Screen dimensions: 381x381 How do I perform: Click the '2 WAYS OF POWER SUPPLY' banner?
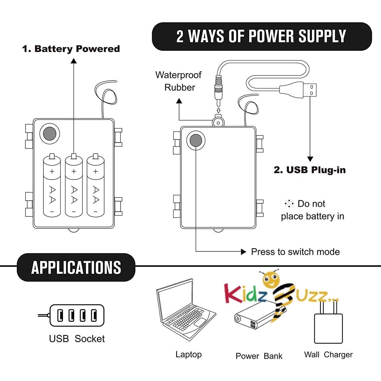[262, 36]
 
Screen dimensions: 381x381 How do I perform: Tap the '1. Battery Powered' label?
[71, 49]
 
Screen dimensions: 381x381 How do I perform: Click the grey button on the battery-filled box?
[50, 134]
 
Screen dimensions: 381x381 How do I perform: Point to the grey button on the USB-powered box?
[196, 140]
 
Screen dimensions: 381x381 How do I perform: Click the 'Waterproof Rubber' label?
[179, 81]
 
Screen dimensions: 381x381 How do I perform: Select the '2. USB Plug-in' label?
[310, 170]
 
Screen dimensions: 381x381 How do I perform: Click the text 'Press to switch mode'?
[295, 252]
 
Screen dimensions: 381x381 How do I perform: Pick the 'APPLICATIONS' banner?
[76, 267]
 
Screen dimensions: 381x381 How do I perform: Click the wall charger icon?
[328, 325]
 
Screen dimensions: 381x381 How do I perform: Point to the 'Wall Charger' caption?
[328, 355]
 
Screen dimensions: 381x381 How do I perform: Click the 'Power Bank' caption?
[259, 356]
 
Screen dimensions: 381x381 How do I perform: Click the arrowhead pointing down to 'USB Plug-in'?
[310, 159]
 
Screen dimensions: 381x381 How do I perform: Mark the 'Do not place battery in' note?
[312, 210]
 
